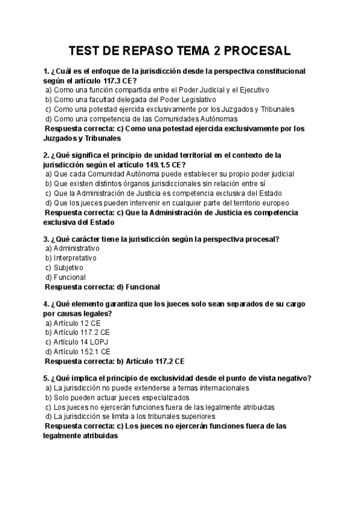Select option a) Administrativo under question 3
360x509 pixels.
coord(73,248)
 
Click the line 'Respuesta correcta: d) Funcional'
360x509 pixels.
coord(103,287)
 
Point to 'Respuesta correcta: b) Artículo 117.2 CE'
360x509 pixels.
coord(115,361)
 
